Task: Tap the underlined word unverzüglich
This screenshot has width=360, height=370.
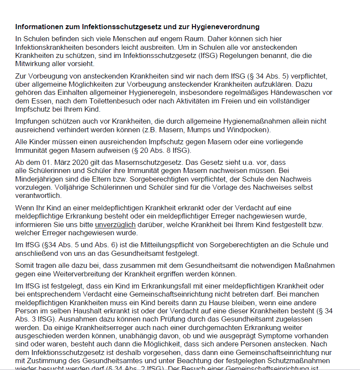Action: point(115,224)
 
